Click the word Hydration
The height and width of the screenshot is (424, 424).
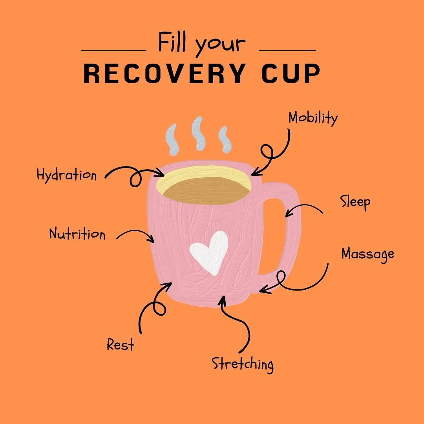pyautogui.click(x=66, y=175)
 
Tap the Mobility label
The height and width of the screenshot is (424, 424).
pyautogui.click(x=313, y=118)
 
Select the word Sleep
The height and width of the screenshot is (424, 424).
pyautogui.click(x=355, y=203)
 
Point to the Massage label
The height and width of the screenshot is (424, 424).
pyautogui.click(x=367, y=254)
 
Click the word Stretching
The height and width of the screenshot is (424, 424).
pyautogui.click(x=243, y=364)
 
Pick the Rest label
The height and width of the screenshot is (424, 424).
pyautogui.click(x=121, y=345)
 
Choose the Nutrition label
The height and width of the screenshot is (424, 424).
pyautogui.click(x=77, y=234)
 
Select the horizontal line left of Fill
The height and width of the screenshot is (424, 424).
pyautogui.click(x=113, y=51)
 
